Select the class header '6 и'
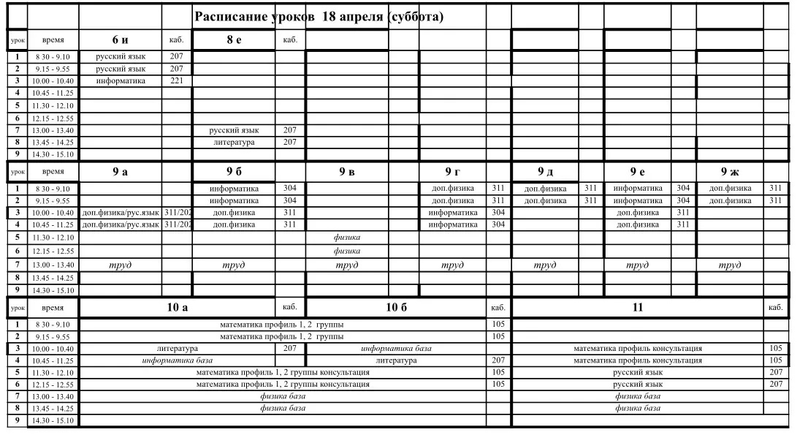(x=120, y=39)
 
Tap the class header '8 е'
(x=234, y=39)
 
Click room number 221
(x=176, y=80)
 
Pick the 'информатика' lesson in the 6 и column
(x=120, y=80)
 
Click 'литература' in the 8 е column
(x=234, y=143)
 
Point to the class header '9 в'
(x=347, y=172)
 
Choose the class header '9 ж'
(x=730, y=172)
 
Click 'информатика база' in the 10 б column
(x=396, y=349)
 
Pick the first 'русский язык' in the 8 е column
(x=234, y=130)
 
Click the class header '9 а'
(x=120, y=172)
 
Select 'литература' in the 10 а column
(x=178, y=349)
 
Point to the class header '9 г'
(x=453, y=172)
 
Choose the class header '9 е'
(x=637, y=172)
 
